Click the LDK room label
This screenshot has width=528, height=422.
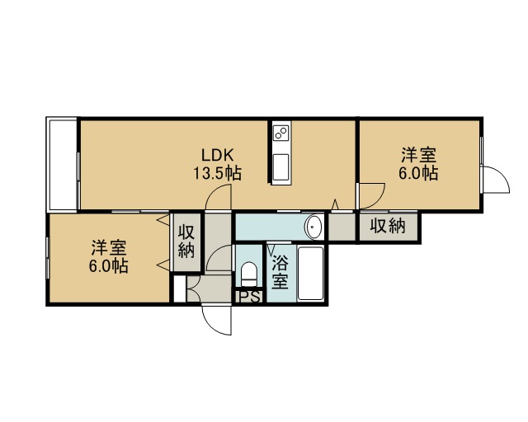pos(217,155)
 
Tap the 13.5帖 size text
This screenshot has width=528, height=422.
pos(217,173)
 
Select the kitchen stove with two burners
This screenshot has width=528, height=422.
pos(281,132)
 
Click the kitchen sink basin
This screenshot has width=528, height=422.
pos(280,167)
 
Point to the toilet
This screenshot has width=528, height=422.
pos(249,274)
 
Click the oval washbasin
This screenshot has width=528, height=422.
pos(313,227)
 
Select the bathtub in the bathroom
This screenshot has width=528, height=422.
pos(310,274)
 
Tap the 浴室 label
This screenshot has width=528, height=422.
pos(280,272)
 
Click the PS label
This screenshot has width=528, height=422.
pos(249,297)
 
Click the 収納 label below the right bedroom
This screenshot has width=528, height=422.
pos(388,226)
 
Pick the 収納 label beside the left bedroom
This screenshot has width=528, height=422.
pos(186,241)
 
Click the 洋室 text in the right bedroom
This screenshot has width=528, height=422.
pos(418,155)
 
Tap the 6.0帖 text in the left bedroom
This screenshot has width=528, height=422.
pos(108,265)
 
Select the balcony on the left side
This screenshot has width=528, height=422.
pos(63,165)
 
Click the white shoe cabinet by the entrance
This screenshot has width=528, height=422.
pos(180,288)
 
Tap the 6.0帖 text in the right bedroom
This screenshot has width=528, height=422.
pos(418,173)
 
